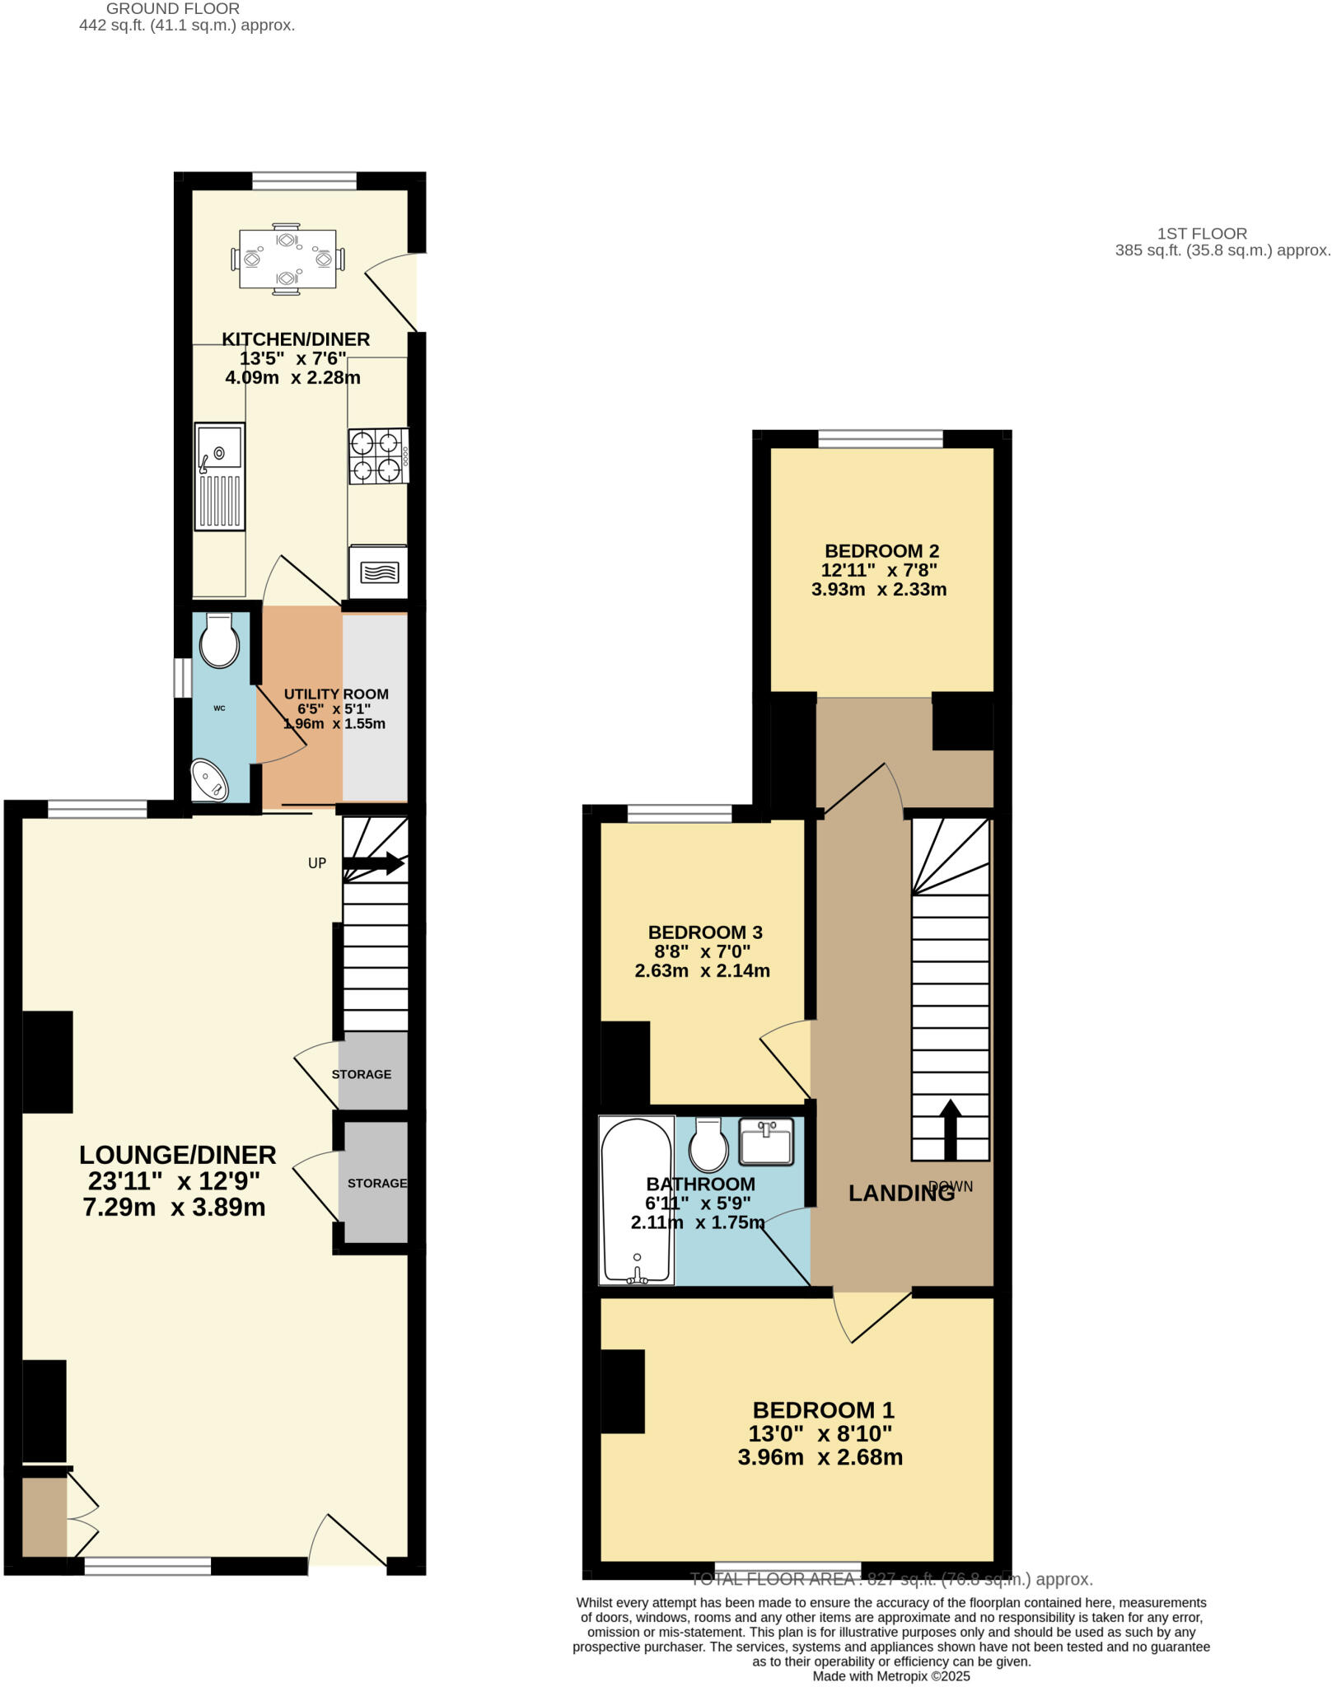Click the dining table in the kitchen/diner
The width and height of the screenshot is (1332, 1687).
pyautogui.click(x=287, y=259)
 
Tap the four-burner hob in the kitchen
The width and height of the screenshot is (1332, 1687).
pyautogui.click(x=379, y=456)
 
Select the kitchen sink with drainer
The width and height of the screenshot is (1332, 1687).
pyautogui.click(x=220, y=476)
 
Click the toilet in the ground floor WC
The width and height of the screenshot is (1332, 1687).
pyautogui.click(x=219, y=641)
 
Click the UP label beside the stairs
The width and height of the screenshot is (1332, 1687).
pyautogui.click(x=317, y=863)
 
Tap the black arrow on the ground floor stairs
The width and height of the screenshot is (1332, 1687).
pyautogui.click(x=374, y=864)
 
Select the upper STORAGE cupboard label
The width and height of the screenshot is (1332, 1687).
pyautogui.click(x=361, y=1074)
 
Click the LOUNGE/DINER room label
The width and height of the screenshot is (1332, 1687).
pyautogui.click(x=177, y=1154)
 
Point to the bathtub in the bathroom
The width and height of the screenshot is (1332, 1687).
pyautogui.click(x=636, y=1200)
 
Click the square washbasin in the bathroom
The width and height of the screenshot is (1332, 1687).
pyautogui.click(x=766, y=1141)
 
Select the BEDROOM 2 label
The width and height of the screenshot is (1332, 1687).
pyautogui.click(x=881, y=551)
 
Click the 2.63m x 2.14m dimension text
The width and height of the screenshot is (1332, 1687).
pyautogui.click(x=702, y=970)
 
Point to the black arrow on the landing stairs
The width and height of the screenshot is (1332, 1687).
pyautogui.click(x=950, y=1129)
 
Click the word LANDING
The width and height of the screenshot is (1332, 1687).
pyautogui.click(x=900, y=1193)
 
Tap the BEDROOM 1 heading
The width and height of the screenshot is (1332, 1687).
pyautogui.click(x=823, y=1409)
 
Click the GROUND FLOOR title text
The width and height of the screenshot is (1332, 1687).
pyautogui.click(x=173, y=9)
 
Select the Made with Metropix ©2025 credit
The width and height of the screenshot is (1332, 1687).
pyautogui.click(x=891, y=1675)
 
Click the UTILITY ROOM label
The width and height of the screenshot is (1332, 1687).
pyautogui.click(x=336, y=694)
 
